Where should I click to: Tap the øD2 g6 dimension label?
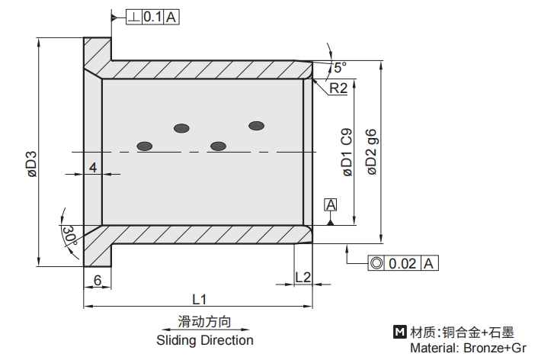(371, 151)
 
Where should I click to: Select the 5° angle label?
(338, 66)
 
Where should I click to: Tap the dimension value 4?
(92, 167)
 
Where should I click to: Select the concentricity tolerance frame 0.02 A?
(402, 264)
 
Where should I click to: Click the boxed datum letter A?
(331, 204)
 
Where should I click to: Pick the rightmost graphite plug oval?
(256, 125)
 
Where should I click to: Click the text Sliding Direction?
(204, 340)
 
